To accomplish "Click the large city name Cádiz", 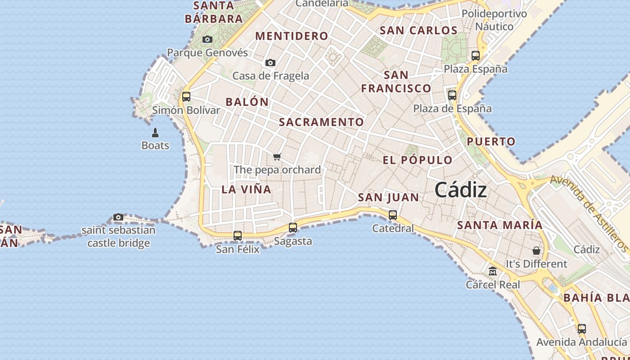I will (461, 190).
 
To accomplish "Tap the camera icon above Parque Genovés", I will (207, 40).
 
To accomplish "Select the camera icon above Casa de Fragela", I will (270, 63).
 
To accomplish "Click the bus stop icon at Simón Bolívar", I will (186, 96).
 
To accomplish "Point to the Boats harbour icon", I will (155, 132).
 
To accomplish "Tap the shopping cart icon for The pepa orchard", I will (277, 157).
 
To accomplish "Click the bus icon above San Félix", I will (238, 235).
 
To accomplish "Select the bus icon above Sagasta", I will (293, 228).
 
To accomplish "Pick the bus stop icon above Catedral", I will (393, 215).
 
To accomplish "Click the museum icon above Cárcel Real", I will (493, 271).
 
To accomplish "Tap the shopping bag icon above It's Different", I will (536, 251).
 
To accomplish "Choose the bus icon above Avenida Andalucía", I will (582, 328).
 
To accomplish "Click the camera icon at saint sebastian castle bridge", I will (118, 217).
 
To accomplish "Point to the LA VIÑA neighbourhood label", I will (246, 189).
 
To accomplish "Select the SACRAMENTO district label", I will (321, 122).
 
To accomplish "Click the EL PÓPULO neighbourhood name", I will (418, 160).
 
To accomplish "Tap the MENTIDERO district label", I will (292, 36).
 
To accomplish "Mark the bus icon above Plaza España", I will (476, 56).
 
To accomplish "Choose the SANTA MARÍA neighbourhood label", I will (500, 225).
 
